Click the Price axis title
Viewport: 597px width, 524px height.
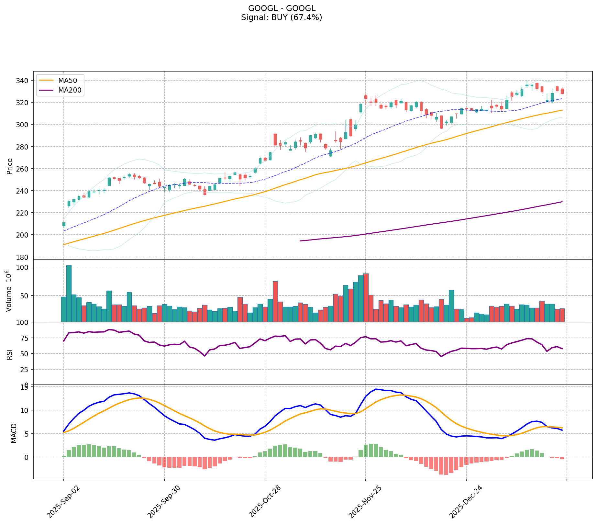point(9,166)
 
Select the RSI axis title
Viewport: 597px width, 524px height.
point(9,354)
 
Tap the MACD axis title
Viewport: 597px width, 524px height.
point(14,433)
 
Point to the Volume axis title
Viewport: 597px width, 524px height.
point(9,291)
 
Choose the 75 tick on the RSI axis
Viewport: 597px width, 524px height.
point(26,338)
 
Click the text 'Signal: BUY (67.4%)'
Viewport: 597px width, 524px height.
point(282,17)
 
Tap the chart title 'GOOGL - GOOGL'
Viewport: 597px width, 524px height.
point(282,8)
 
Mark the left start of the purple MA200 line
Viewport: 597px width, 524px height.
point(301,241)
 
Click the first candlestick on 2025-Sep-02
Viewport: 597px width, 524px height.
point(64,224)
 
